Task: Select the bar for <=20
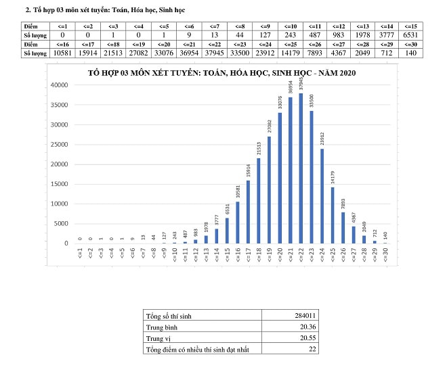pos(280,178)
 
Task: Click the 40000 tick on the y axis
pos(60,85)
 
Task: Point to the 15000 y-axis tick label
pos(60,183)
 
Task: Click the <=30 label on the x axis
pos(385,256)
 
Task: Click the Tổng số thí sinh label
pos(169,316)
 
